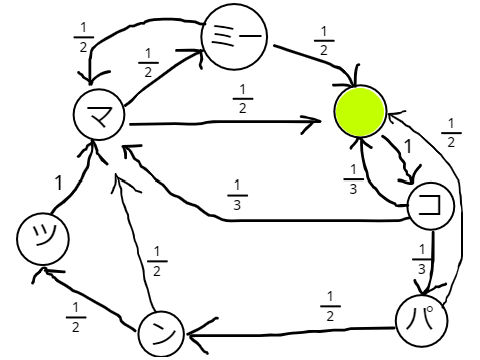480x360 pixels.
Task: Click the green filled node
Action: click(x=360, y=111)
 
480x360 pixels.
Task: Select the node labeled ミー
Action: click(x=234, y=36)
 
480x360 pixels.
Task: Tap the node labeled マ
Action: click(x=99, y=115)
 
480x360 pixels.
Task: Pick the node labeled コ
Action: click(x=431, y=206)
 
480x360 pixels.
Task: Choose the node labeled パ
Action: click(x=421, y=321)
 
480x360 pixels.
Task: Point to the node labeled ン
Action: click(x=161, y=334)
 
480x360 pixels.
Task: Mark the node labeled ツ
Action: click(x=43, y=239)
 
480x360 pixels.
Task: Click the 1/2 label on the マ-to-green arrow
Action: click(x=243, y=99)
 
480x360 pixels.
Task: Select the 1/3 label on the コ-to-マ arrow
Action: click(x=237, y=195)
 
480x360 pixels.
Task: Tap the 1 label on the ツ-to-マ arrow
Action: click(x=59, y=183)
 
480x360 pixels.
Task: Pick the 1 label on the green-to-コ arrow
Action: click(x=408, y=146)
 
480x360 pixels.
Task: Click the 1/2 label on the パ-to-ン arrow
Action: click(x=330, y=306)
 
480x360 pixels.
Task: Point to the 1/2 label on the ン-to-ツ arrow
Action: click(x=76, y=317)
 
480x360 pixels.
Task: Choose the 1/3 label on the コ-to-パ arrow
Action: click(x=422, y=259)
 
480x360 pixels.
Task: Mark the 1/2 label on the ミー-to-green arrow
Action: click(x=324, y=41)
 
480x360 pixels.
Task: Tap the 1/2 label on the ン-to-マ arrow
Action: click(x=157, y=261)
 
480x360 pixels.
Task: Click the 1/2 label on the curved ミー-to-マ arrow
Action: click(x=83, y=37)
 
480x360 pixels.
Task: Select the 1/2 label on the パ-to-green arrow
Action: click(x=451, y=133)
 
